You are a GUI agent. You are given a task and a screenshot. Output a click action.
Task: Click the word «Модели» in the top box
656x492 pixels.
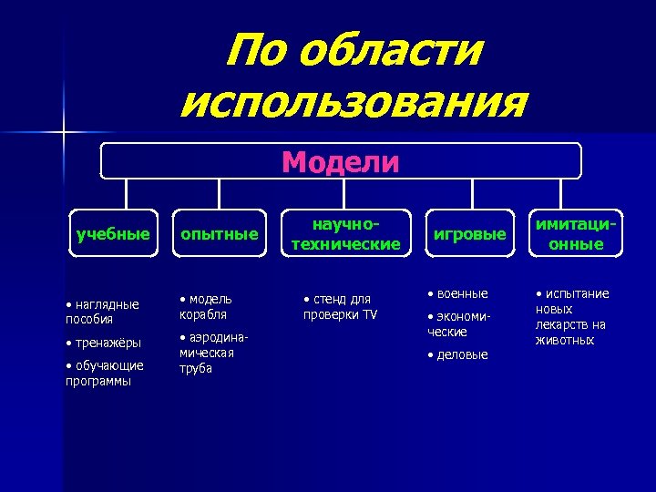click(x=340, y=162)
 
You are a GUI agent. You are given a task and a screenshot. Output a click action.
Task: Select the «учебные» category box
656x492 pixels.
click(x=113, y=234)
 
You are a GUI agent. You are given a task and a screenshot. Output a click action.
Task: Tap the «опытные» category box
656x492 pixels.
click(x=219, y=234)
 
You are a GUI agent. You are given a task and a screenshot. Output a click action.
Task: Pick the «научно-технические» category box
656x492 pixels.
click(x=344, y=234)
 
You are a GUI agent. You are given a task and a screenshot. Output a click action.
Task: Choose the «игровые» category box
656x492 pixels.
click(x=469, y=234)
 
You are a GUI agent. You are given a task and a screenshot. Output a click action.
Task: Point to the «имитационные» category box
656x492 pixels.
click(x=576, y=234)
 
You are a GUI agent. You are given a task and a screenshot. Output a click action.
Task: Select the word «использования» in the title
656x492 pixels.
click(x=353, y=102)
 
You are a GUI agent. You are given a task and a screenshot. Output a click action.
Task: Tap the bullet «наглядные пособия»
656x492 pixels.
click(x=102, y=312)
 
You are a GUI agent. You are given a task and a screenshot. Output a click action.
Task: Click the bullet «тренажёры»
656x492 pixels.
click(x=105, y=343)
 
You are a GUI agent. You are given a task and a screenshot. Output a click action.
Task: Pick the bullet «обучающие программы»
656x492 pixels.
click(x=105, y=374)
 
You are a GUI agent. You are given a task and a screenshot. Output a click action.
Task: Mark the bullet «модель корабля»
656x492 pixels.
click(x=206, y=306)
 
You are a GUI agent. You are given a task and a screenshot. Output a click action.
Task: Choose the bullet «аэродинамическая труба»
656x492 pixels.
click(x=212, y=353)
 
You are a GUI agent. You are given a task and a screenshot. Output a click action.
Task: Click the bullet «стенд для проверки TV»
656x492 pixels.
click(x=340, y=307)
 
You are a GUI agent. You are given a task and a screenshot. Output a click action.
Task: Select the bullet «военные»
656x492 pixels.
click(x=460, y=293)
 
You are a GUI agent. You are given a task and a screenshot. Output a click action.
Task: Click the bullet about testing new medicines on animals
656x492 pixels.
click(x=572, y=316)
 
